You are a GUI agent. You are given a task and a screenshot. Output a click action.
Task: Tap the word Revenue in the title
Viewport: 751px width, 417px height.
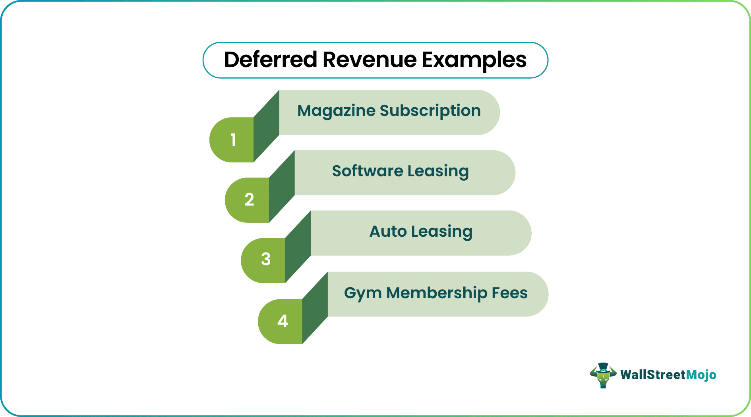pos(370,60)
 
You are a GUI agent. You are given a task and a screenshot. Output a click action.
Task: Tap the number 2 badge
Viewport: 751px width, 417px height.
pos(249,200)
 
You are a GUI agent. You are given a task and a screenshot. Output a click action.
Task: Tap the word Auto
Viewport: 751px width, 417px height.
pos(388,232)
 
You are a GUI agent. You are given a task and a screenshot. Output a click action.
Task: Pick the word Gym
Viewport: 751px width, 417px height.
pos(363,294)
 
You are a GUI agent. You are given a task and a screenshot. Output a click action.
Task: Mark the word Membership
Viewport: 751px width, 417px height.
pos(437,293)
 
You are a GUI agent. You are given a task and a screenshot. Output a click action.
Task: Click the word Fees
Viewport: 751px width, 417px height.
pos(510,293)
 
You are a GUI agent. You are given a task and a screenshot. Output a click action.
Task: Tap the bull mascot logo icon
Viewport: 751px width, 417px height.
pos(603,375)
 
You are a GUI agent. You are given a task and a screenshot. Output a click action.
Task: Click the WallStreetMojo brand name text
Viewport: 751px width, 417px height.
pos(668,375)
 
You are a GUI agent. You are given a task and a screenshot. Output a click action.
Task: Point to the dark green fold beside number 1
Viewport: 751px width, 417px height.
pos(266,126)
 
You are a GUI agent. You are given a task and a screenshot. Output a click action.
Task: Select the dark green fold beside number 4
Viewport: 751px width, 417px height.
pos(315,308)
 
